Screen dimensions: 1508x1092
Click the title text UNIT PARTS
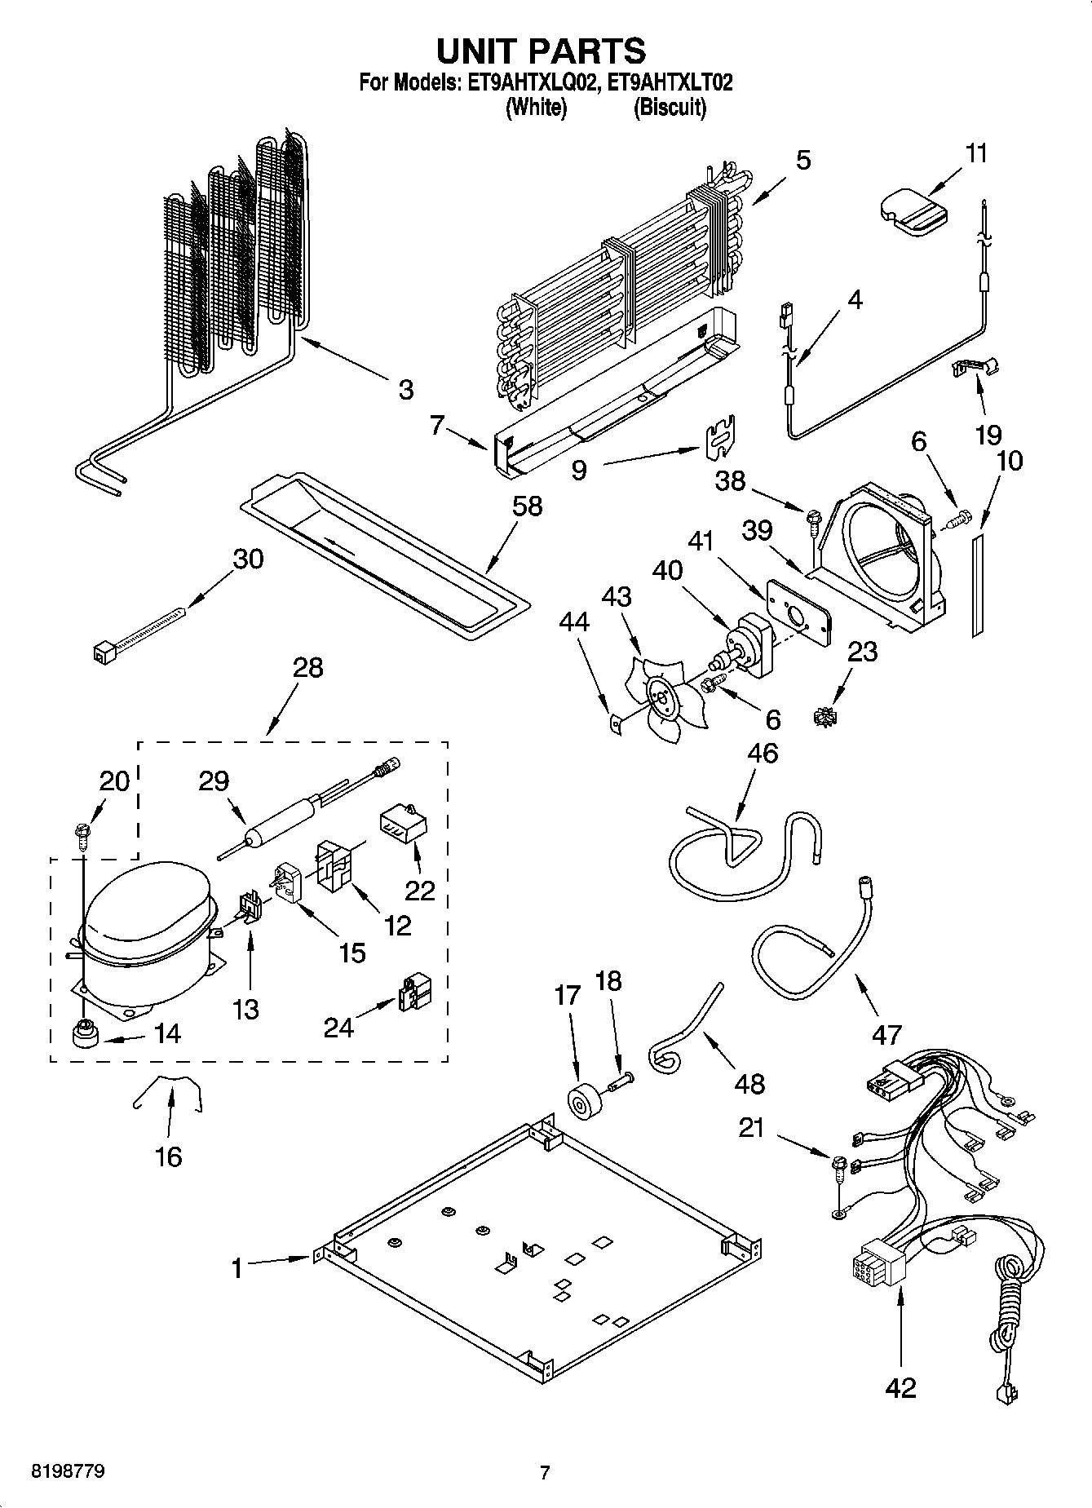coord(541,51)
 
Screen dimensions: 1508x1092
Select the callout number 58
coord(527,506)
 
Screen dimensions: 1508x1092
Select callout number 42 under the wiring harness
coord(900,1386)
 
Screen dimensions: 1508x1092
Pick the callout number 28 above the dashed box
coord(308,668)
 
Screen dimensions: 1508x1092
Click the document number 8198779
coord(68,1472)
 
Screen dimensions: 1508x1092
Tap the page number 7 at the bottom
coord(545,1472)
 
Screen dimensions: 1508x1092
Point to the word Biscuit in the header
coord(670,107)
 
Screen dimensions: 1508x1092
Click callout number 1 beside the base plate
coord(237,1268)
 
